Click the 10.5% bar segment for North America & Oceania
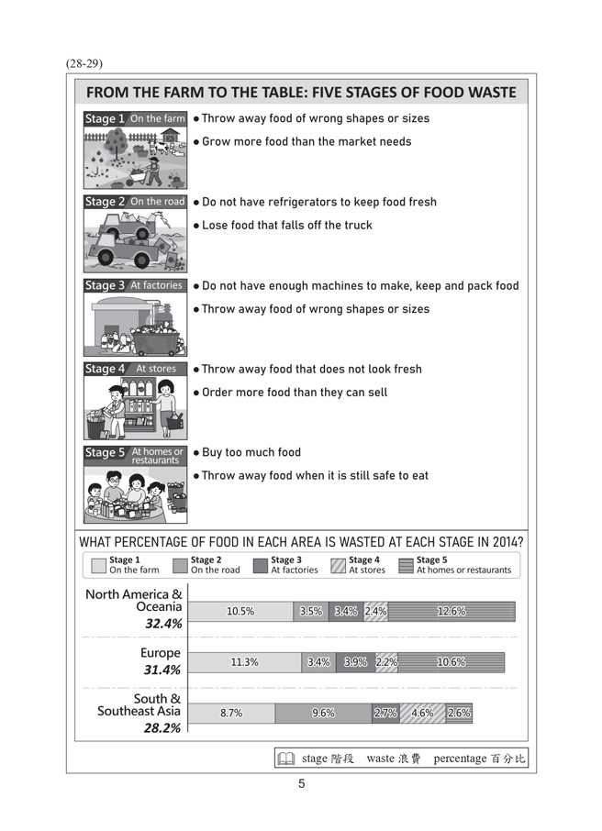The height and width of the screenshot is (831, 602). [x=240, y=612]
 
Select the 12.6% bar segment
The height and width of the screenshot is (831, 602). [x=451, y=612]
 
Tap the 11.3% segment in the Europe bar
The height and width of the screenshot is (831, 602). [x=245, y=662]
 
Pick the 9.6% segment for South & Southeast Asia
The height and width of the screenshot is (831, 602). [x=323, y=713]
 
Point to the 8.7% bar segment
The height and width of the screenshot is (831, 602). [x=231, y=713]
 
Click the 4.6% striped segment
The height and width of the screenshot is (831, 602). [x=422, y=713]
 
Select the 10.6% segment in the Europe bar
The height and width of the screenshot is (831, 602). [x=451, y=662]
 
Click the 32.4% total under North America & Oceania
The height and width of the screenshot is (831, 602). [x=163, y=624]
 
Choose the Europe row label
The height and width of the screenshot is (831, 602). [x=161, y=653]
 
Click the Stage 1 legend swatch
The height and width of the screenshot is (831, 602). [x=98, y=565]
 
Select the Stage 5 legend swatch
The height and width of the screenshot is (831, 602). [x=406, y=565]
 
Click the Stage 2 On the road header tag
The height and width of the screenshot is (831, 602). [x=135, y=202]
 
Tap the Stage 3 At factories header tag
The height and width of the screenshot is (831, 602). [x=135, y=285]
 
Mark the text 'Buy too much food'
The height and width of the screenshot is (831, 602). [x=251, y=452]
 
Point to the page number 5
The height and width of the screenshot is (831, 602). [x=301, y=783]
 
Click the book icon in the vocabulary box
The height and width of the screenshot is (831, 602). [x=286, y=759]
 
